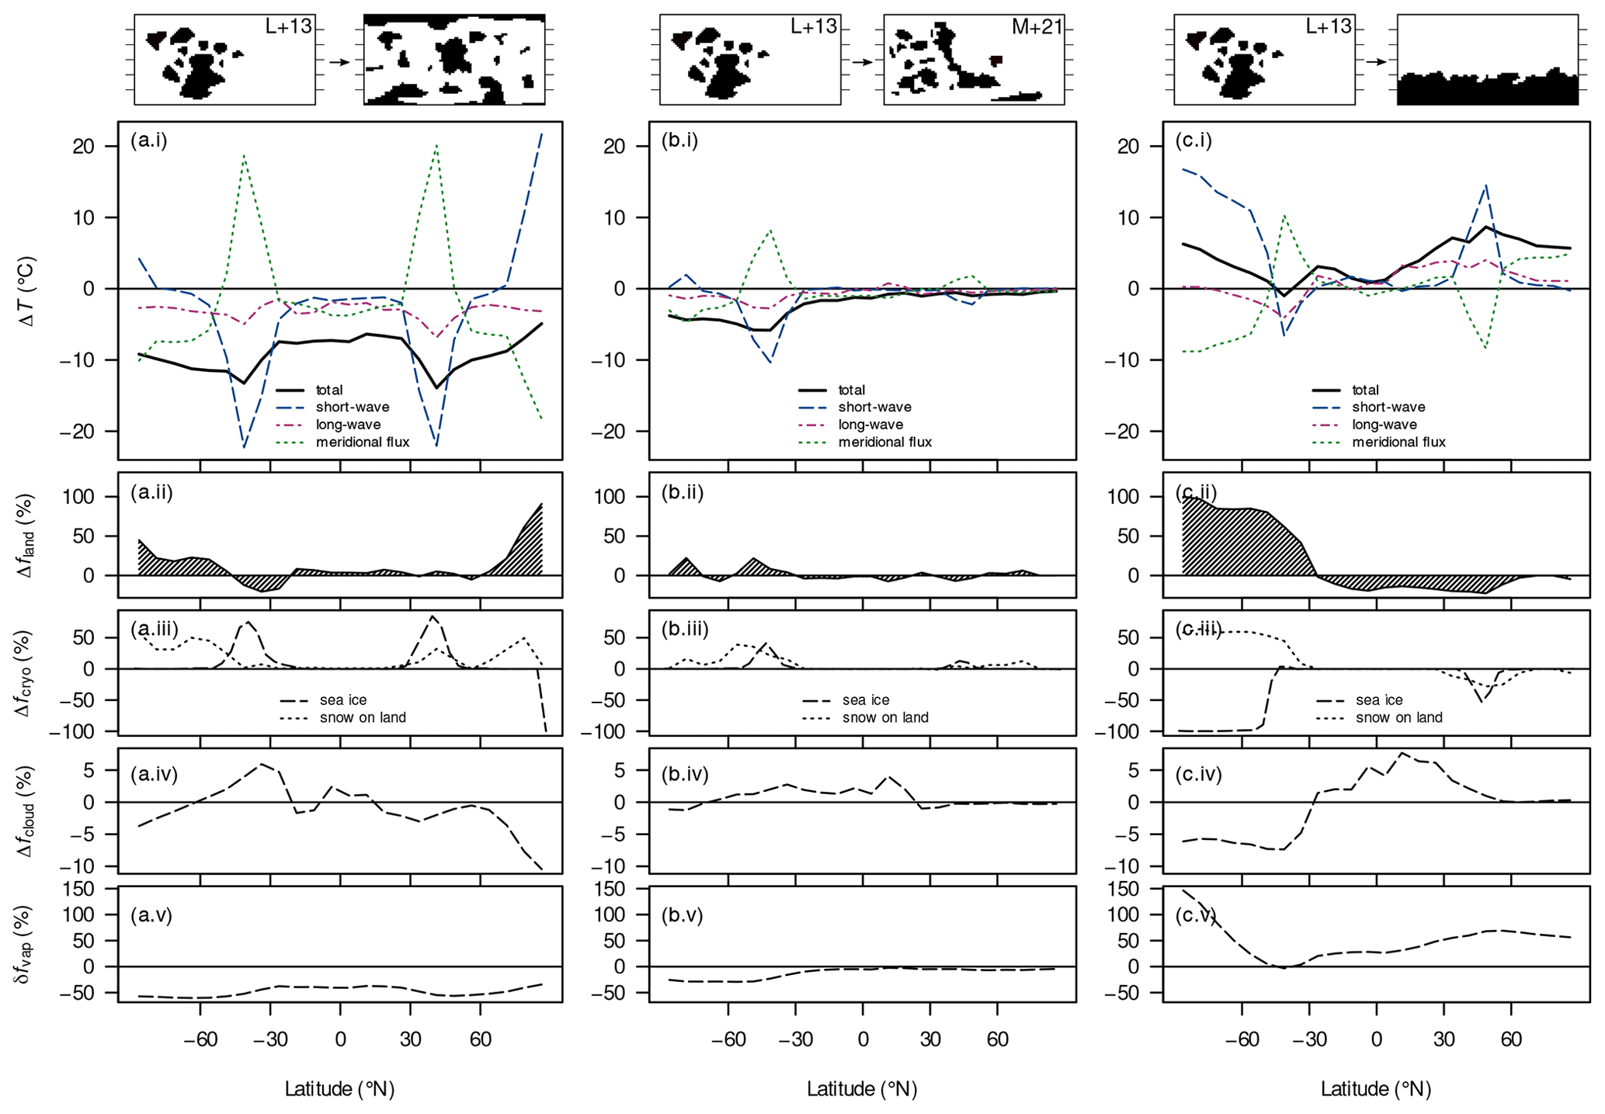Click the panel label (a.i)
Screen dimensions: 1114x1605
click(149, 141)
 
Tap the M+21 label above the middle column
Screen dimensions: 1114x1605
click(1037, 26)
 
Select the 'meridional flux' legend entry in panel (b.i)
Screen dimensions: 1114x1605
click(884, 442)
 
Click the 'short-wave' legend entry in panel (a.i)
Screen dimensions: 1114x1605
click(353, 408)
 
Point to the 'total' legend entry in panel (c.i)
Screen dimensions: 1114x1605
click(1365, 390)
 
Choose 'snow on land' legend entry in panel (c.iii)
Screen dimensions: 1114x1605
click(1398, 718)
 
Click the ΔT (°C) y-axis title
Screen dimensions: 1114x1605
click(26, 291)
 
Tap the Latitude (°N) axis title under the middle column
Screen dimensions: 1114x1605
click(862, 1089)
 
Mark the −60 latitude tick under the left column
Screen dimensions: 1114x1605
click(200, 1039)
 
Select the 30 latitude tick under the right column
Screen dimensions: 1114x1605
click(1443, 1039)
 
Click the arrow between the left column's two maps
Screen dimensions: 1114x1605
click(339, 61)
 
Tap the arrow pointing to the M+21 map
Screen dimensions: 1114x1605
click(862, 61)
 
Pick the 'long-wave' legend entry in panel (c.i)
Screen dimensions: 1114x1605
click(1384, 425)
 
